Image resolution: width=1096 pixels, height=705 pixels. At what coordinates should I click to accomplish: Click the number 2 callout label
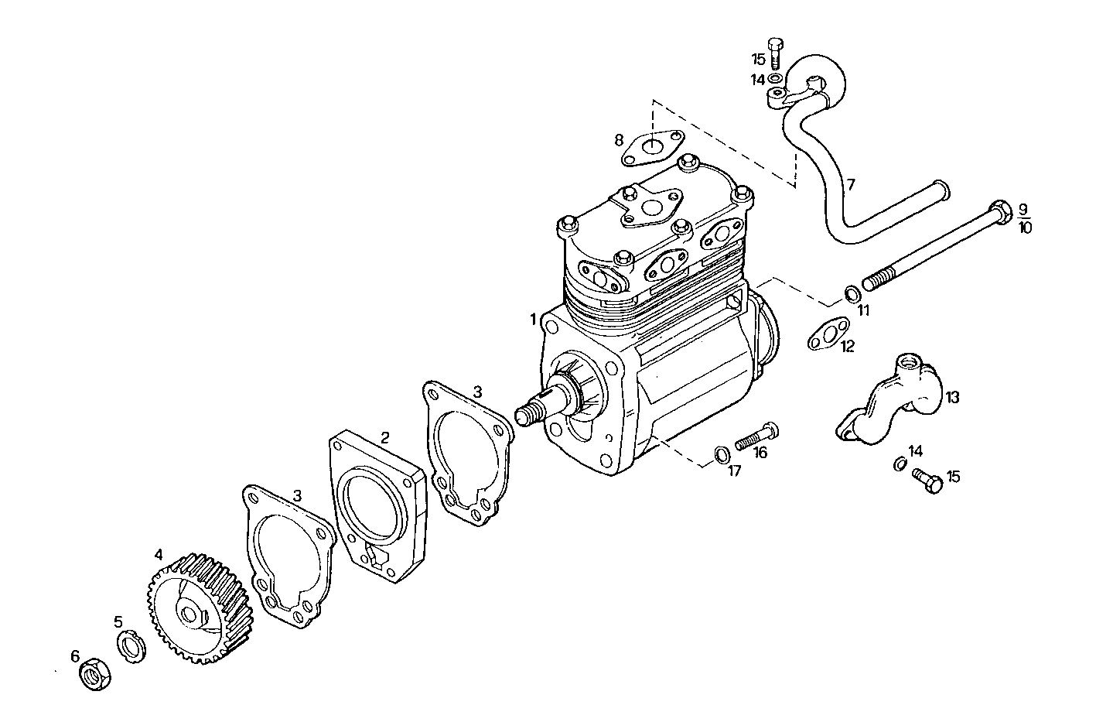click(384, 438)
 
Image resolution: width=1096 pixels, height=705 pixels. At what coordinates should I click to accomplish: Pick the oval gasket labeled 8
click(652, 147)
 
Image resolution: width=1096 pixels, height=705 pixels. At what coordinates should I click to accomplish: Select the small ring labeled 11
click(851, 293)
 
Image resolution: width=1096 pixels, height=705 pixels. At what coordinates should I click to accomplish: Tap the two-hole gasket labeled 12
click(825, 337)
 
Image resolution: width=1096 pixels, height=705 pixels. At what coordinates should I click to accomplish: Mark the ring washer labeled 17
click(720, 453)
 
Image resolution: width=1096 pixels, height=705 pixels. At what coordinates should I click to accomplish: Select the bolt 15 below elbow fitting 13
click(928, 481)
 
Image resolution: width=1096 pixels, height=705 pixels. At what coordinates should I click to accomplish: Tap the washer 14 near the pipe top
click(777, 79)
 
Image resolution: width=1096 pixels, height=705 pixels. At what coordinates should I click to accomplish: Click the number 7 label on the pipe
click(851, 184)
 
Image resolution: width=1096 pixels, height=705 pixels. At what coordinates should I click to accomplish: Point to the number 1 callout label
click(534, 319)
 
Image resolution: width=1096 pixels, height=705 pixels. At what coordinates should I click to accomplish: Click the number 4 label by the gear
click(159, 554)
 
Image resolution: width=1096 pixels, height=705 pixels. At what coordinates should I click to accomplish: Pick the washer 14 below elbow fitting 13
click(900, 464)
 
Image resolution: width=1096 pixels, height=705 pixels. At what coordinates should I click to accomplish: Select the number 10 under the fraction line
click(1025, 228)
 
